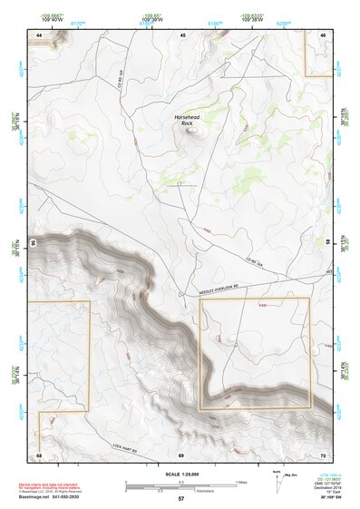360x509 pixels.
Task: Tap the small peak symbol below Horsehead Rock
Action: (190, 130)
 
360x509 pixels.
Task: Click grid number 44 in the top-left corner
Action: (39, 34)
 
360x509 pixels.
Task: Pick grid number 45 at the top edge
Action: (182, 34)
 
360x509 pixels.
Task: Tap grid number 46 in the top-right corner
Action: (324, 34)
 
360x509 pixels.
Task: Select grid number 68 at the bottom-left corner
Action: (39, 454)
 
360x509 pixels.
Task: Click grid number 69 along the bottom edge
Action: (181, 454)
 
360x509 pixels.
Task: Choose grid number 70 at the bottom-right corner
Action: (324, 454)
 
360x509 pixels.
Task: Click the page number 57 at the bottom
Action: (181, 499)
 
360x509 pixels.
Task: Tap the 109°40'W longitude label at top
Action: (53, 20)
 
